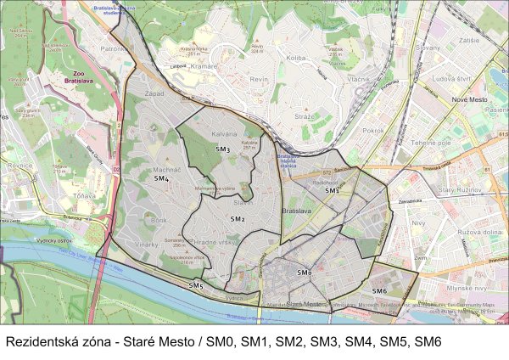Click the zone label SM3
click(x=222, y=149)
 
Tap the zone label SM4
click(x=161, y=179)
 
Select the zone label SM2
click(x=238, y=219)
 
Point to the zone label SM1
click(x=332, y=189)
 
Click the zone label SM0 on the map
click(x=305, y=272)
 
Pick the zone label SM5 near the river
click(x=196, y=285)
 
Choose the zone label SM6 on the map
click(x=379, y=290)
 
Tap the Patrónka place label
click(x=113, y=49)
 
